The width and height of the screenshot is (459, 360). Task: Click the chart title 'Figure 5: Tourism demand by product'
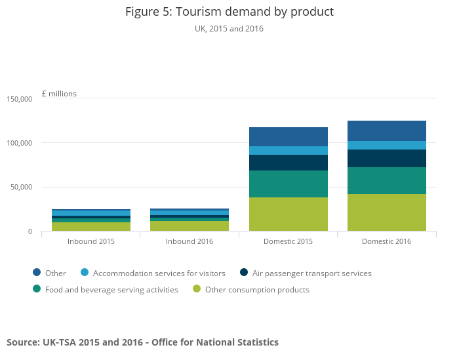point(229,12)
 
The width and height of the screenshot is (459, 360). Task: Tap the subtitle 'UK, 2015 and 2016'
point(229,29)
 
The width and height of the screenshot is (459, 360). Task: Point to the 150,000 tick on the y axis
point(20,99)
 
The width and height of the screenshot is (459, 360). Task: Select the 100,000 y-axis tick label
point(20,143)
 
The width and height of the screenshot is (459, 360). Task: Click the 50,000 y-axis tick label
point(22,188)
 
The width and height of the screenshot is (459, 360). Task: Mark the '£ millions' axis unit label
point(59,94)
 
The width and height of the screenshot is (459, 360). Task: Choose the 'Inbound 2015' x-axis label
point(91,241)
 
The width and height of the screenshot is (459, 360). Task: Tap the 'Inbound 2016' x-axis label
point(190,241)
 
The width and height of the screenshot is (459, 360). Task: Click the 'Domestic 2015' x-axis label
point(288,241)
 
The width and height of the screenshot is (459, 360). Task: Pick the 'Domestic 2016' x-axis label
point(386,241)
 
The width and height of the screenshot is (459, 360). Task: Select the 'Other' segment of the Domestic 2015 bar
point(288,136)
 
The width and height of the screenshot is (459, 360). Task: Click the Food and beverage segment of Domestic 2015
point(288,184)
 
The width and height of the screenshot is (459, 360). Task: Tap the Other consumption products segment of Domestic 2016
point(386,212)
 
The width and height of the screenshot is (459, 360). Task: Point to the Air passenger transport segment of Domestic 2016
point(386,158)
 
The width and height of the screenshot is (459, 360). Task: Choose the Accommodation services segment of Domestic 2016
point(386,145)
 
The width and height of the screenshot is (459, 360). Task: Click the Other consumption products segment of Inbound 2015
point(91,227)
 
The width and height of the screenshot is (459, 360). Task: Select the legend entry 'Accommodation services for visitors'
point(159,273)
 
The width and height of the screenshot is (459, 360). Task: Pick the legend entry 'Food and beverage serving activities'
point(111,290)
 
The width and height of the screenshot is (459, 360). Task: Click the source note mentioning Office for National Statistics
point(142,342)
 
